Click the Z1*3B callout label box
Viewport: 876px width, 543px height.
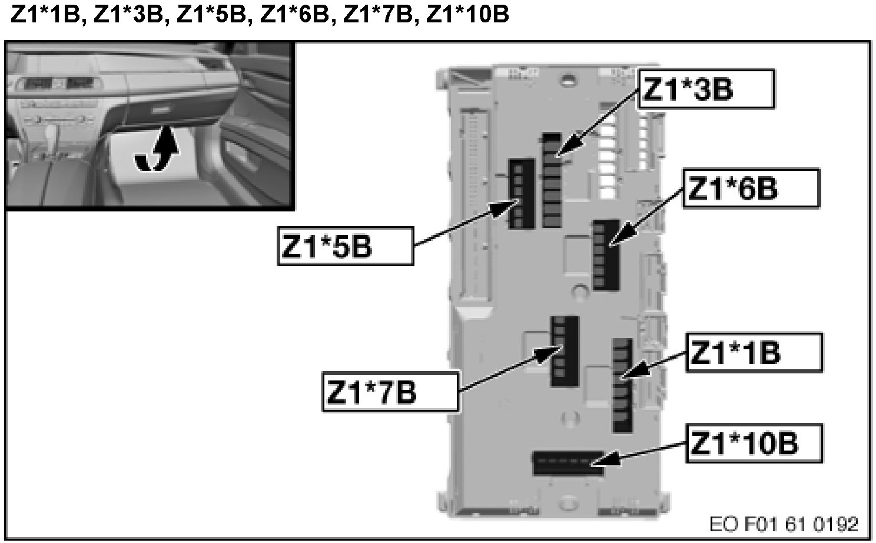[x=705, y=89]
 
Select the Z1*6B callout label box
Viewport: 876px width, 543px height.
[x=751, y=188]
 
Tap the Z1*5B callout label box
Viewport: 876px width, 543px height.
[x=345, y=246]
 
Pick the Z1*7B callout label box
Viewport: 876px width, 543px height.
[x=390, y=392]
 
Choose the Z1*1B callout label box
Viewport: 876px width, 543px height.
[x=754, y=353]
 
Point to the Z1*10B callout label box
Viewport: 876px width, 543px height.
[x=754, y=442]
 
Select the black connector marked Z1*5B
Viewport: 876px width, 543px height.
[x=520, y=193]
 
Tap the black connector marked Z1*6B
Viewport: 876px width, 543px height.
[x=605, y=254]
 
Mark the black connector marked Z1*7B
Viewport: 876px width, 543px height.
[x=564, y=351]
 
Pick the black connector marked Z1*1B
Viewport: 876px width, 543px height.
[x=622, y=385]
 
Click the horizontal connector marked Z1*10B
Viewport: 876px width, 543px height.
[x=568, y=463]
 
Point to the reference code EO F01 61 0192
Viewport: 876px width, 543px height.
[x=784, y=524]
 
